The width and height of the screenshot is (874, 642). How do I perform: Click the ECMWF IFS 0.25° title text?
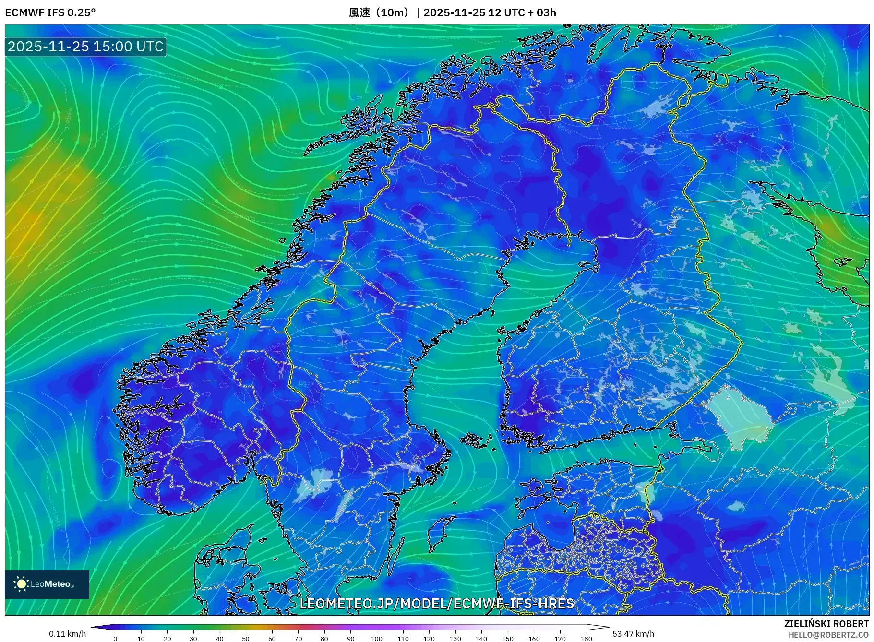point(50,12)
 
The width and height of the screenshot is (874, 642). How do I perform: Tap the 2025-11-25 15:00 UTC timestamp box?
point(85,47)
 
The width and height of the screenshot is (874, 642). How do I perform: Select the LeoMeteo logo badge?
point(47,584)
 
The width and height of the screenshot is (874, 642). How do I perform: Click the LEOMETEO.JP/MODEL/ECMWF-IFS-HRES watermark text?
point(436,604)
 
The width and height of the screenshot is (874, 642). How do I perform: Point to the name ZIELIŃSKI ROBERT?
point(826,624)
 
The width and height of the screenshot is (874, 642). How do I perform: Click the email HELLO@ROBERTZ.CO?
point(828,635)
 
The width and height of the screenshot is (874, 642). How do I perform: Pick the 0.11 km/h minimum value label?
point(67,634)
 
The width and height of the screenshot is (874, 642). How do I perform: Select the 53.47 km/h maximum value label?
point(633,634)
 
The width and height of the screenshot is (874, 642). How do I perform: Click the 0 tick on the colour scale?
point(115,638)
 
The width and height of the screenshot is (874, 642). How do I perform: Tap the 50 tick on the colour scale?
point(246,638)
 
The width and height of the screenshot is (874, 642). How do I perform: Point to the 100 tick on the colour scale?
point(377,638)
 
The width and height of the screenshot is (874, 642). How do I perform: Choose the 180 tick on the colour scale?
point(586,638)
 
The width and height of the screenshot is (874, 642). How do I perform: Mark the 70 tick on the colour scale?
point(298,638)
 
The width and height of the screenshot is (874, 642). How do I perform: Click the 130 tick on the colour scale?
point(455,638)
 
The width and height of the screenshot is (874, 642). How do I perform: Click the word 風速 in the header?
point(359,12)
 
